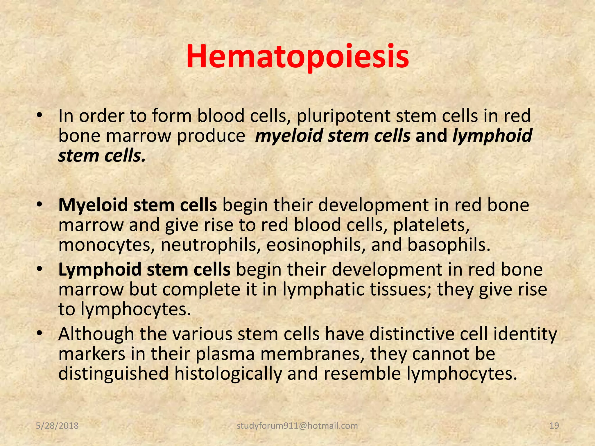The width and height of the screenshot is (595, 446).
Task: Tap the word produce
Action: coord(211,136)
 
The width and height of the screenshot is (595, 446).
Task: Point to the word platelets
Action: coord(431,225)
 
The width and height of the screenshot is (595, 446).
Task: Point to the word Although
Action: coord(96,334)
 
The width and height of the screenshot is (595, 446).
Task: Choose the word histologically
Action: coord(228,374)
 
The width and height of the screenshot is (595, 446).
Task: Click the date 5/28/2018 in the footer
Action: coord(57,426)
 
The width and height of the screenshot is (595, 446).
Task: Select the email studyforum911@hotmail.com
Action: coord(297,426)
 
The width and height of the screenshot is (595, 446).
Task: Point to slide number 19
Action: coord(554,426)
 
